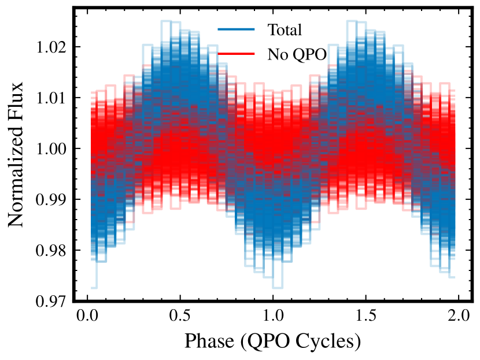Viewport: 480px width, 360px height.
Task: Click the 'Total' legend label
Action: click(285, 30)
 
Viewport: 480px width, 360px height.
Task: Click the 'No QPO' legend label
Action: click(297, 55)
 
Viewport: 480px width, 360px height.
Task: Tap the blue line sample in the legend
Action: click(236, 29)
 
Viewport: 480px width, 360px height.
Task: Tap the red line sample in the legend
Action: click(236, 54)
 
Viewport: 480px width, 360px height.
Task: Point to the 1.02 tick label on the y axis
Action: click(51, 47)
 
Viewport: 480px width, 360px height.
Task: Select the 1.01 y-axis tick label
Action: click(51, 98)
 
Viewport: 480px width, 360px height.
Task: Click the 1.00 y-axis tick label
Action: click(51, 149)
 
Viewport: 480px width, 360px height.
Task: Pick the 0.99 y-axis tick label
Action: click(51, 199)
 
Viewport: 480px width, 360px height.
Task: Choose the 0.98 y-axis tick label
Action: click(51, 250)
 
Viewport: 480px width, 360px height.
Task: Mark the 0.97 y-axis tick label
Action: click(51, 301)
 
